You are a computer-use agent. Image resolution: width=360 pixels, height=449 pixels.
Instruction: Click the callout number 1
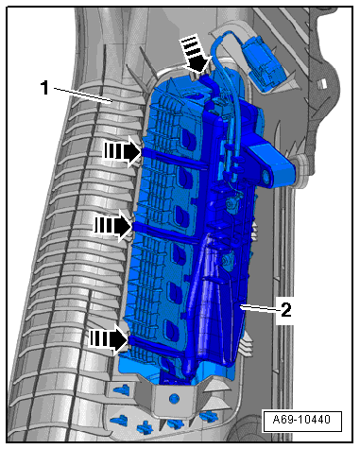tap(45, 88)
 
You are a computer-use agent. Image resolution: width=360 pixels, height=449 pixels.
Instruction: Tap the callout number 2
tap(286, 310)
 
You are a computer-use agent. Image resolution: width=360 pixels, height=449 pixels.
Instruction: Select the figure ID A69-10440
tap(301, 420)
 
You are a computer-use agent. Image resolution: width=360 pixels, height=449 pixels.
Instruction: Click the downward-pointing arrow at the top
tap(195, 54)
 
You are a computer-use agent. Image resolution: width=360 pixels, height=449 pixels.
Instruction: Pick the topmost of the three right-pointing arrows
tap(122, 151)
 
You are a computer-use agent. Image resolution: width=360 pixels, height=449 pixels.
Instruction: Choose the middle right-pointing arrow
tap(112, 226)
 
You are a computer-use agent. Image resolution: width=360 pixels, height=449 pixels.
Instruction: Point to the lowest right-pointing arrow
tap(110, 339)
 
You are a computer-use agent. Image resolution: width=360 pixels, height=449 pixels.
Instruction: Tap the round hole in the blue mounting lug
tap(266, 177)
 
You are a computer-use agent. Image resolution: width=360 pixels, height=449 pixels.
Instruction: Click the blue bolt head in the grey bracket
tap(172, 398)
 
